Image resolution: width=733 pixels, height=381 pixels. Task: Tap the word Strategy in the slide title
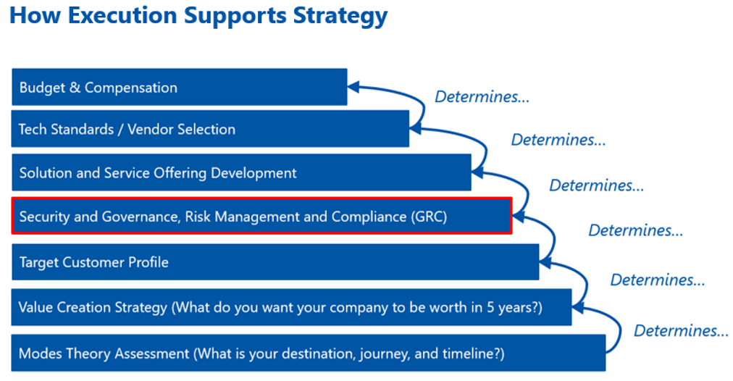point(340,17)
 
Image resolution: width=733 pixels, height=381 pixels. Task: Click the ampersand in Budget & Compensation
point(75,88)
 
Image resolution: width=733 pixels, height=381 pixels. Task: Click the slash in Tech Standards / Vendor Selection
point(120,130)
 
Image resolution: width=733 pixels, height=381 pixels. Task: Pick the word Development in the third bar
point(254,173)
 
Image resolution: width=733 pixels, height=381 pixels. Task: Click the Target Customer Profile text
point(93,262)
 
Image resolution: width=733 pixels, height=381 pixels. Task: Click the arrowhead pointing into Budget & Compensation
point(353,86)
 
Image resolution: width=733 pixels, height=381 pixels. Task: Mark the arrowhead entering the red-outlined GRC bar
point(519,217)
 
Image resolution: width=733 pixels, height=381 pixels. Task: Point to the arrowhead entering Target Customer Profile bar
point(545,262)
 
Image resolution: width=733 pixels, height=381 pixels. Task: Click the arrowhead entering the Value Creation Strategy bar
point(578,308)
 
